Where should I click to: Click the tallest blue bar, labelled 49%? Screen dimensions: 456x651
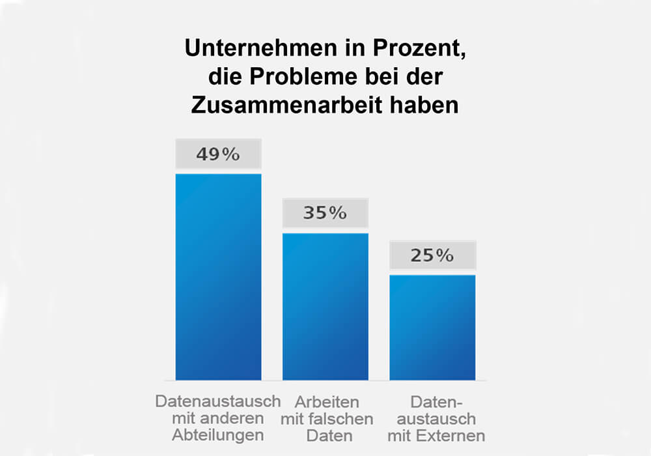(x=218, y=277)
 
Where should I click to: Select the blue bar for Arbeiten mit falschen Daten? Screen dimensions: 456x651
(x=325, y=306)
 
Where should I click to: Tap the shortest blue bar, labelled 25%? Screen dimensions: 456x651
(x=432, y=327)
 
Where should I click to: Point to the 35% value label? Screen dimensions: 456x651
(x=325, y=214)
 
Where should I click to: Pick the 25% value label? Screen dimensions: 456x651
(x=432, y=256)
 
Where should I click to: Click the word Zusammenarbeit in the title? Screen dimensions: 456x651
(x=294, y=106)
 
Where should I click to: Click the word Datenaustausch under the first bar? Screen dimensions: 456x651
(x=218, y=400)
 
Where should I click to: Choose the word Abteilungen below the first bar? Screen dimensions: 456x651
(x=218, y=435)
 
